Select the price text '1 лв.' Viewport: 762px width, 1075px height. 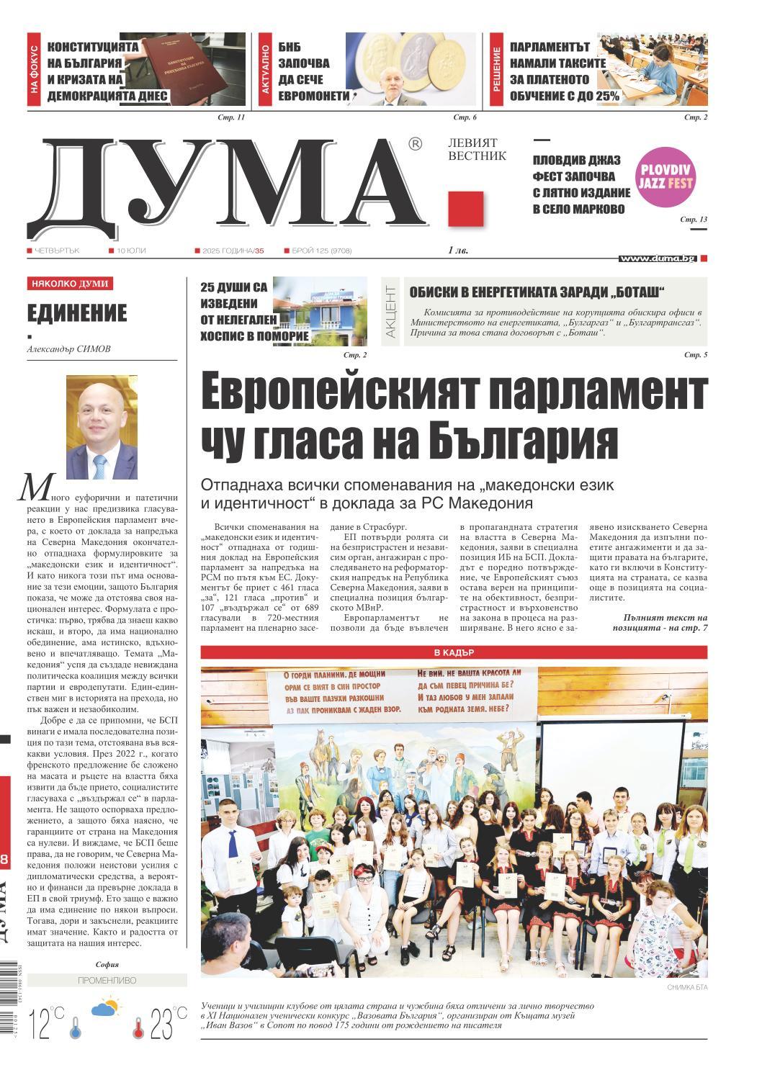pyautogui.click(x=457, y=251)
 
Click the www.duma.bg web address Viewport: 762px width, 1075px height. pyautogui.click(x=657, y=258)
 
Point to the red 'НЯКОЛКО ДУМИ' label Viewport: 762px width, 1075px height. pyautogui.click(x=69, y=284)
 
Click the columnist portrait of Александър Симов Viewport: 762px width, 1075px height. pyautogui.click(x=102, y=427)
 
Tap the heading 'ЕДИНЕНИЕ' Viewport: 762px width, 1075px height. pyautogui.click(x=77, y=313)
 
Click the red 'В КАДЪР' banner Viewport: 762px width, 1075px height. pyautogui.click(x=454, y=653)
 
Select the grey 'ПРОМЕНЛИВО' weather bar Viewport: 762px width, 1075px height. pyautogui.click(x=106, y=981)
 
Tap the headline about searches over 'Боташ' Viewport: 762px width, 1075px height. pyautogui.click(x=537, y=292)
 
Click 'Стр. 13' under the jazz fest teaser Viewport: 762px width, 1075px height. pyautogui.click(x=694, y=219)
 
